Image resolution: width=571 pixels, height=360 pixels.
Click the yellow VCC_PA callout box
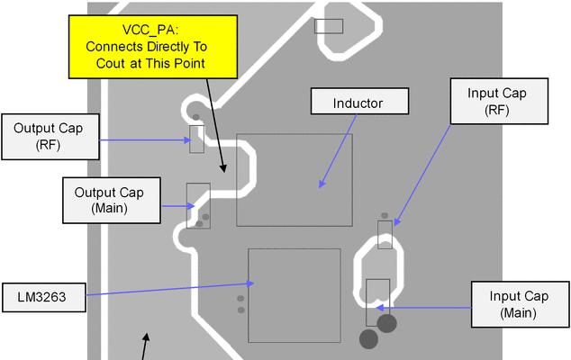tap(153, 47)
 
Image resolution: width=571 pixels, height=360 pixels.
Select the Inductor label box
tap(359, 101)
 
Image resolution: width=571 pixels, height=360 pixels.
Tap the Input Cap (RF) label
tap(499, 101)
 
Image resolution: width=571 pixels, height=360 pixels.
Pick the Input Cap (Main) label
tap(520, 304)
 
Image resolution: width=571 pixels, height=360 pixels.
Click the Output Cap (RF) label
tap(50, 137)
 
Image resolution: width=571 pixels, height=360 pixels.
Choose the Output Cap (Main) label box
tap(112, 200)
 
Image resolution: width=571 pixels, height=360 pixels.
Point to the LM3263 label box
tap(44, 297)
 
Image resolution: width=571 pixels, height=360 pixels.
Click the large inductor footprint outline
tap(295, 180)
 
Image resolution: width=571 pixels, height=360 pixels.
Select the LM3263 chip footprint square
tap(295, 295)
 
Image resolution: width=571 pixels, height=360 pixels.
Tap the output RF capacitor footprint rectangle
tap(196, 139)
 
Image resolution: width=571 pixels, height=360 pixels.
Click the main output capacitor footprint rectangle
tap(198, 206)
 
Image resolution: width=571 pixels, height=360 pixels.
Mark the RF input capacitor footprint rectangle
tap(385, 235)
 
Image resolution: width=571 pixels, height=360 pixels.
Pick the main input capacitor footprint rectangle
tap(377, 303)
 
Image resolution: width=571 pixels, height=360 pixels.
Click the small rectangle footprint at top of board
tap(329, 26)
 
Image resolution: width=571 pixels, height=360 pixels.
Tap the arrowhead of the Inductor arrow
tap(322, 184)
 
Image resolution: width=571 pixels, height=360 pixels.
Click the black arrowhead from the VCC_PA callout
tap(223, 168)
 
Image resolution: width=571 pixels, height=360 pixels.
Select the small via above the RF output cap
tap(196, 117)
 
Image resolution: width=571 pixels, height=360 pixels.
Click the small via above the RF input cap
tap(385, 215)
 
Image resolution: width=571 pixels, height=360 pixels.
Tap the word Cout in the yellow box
tap(111, 63)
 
